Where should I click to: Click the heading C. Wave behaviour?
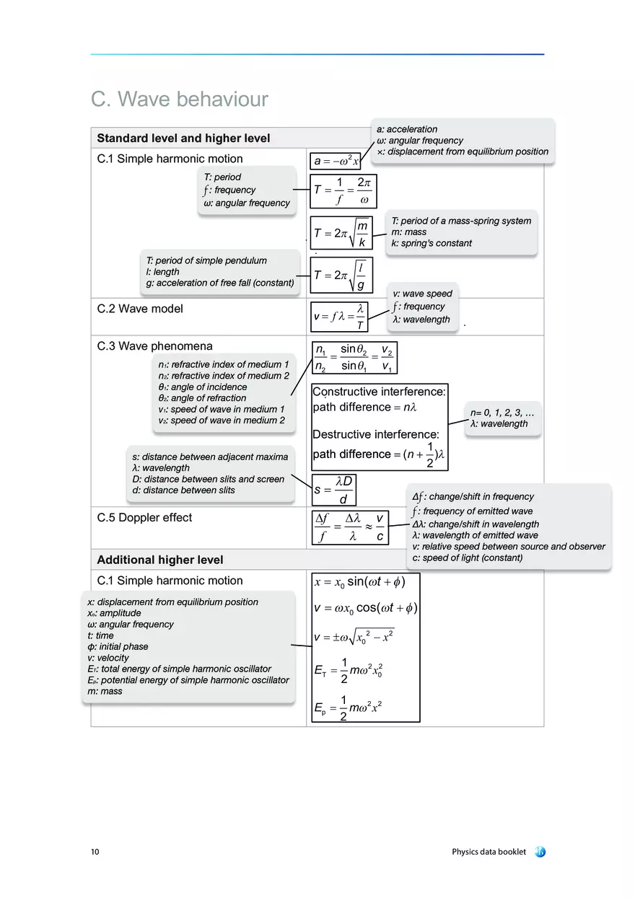click(x=179, y=99)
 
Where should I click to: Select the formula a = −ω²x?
click(x=335, y=161)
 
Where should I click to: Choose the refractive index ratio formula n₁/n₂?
click(x=354, y=358)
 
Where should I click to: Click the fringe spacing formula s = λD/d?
click(x=334, y=490)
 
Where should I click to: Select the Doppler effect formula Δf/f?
click(x=350, y=527)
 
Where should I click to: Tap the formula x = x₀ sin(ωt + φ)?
click(x=359, y=582)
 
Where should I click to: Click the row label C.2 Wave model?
click(x=140, y=309)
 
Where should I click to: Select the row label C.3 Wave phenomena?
click(x=154, y=346)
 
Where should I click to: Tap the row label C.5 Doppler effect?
click(x=144, y=517)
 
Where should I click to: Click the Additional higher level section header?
click(x=160, y=560)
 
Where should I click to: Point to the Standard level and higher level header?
click(x=183, y=138)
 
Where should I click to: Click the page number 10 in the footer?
click(x=95, y=852)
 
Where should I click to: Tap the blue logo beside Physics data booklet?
click(x=540, y=852)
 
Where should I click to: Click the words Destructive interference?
click(x=375, y=434)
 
